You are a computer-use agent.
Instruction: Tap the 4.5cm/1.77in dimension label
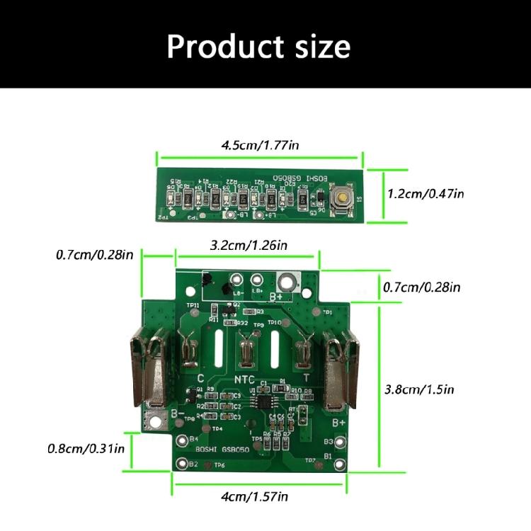point(260,145)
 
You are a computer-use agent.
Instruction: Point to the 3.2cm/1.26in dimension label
point(249,246)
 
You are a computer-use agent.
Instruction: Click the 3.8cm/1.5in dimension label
point(418,389)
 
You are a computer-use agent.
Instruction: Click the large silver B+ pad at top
point(288,281)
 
